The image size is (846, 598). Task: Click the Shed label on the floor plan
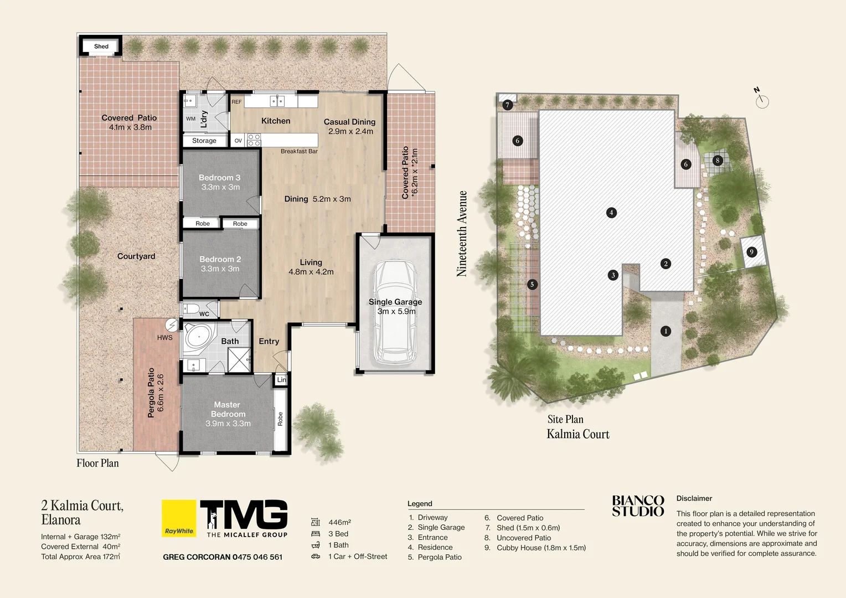(101, 47)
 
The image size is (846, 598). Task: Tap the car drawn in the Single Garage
(395, 313)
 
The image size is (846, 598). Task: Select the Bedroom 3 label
(219, 178)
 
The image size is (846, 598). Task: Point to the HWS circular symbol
(172, 325)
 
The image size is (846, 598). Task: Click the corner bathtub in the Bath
(198, 336)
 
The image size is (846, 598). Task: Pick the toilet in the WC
(190, 308)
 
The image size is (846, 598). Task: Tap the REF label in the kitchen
(236, 102)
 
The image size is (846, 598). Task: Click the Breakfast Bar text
(299, 151)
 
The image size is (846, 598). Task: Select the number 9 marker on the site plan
(751, 252)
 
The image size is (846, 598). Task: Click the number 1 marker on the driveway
(666, 331)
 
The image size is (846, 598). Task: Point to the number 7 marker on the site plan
(507, 105)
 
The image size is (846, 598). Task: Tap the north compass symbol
(762, 100)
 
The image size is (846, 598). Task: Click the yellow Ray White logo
(179, 518)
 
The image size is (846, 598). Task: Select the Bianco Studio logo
(638, 506)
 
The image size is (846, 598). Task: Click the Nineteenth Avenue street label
(462, 234)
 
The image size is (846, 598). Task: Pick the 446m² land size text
(339, 522)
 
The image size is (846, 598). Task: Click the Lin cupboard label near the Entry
(281, 380)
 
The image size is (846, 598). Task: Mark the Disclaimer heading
(694, 498)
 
